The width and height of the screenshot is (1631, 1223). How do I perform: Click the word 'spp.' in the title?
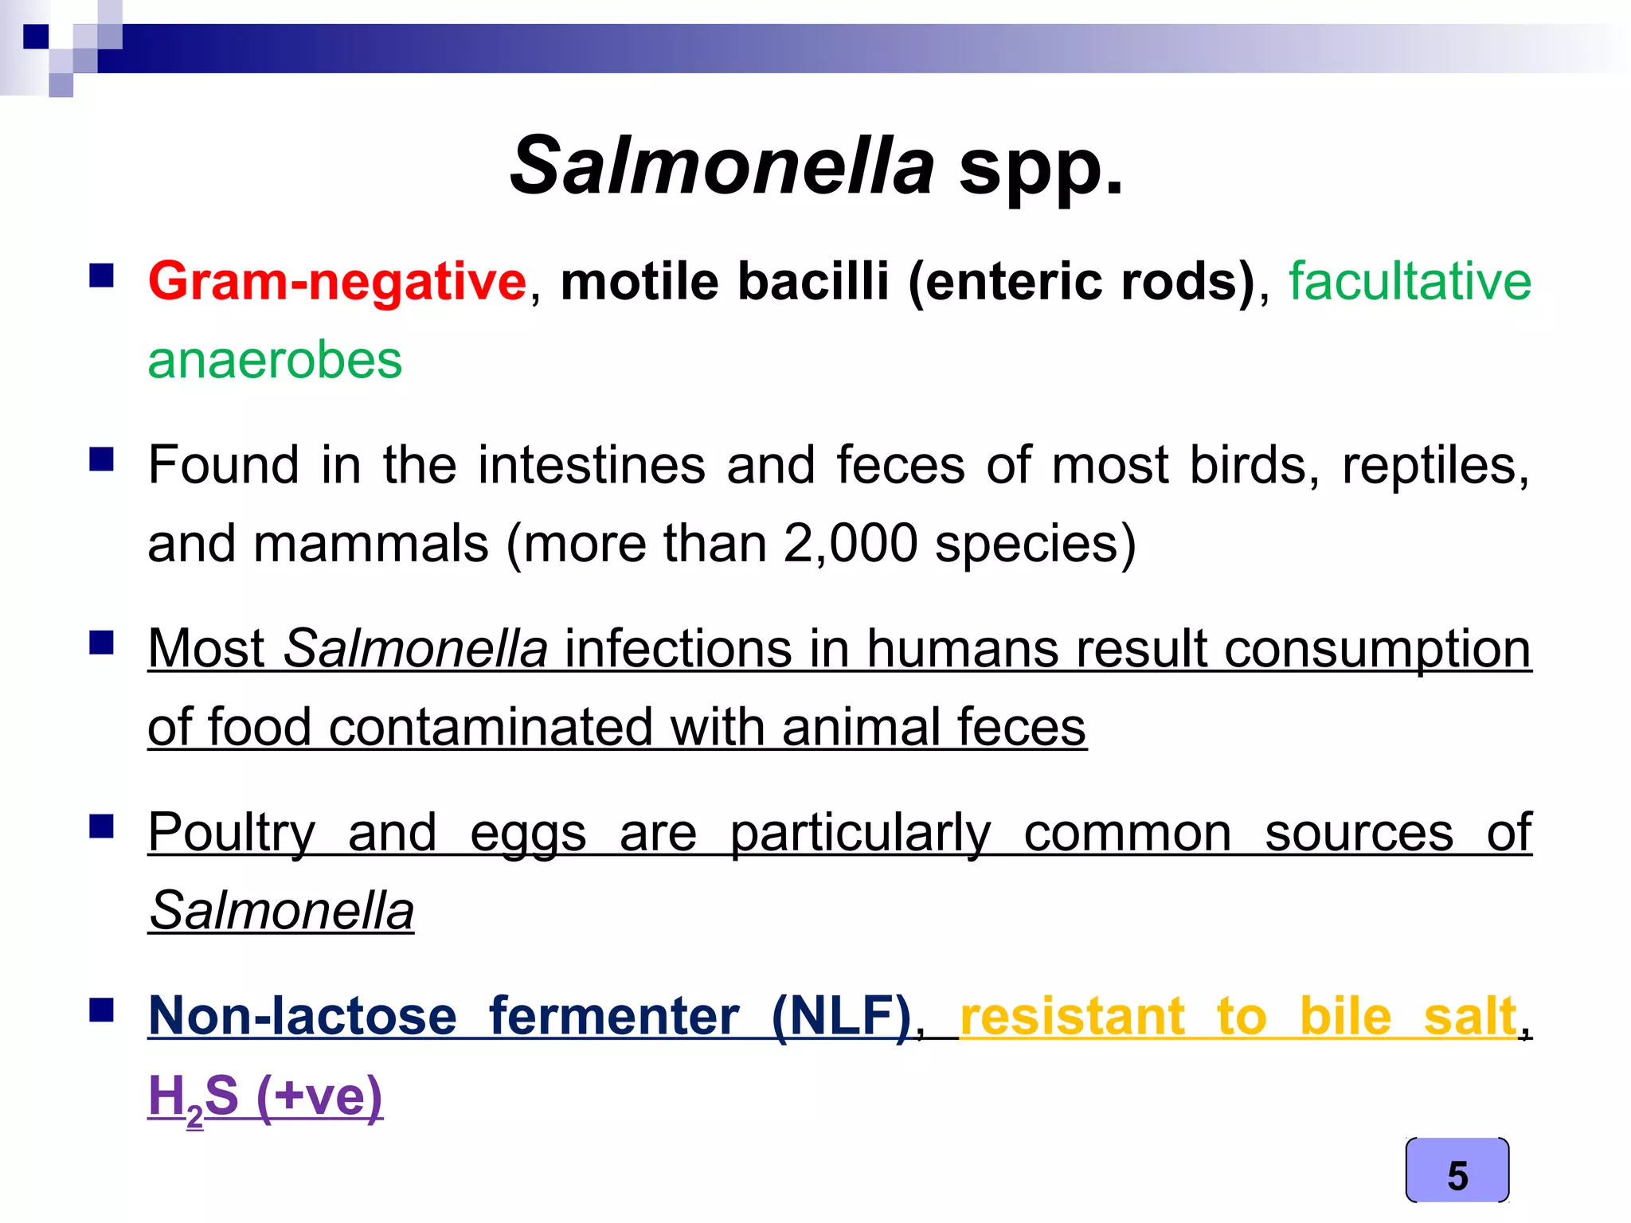(1042, 167)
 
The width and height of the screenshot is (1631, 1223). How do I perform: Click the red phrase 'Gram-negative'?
(338, 282)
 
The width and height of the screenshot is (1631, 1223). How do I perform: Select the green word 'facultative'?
(1410, 282)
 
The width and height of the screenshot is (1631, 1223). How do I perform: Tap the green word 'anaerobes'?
(275, 361)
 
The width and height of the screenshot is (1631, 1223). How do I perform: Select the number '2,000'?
(850, 544)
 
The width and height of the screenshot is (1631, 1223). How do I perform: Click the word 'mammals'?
(371, 544)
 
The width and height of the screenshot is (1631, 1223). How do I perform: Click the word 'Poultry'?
(232, 834)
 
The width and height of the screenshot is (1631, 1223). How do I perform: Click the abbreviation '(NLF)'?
(841, 1017)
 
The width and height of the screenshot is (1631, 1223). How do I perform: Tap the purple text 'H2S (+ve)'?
(265, 1096)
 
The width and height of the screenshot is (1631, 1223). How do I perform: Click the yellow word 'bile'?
(1345, 1017)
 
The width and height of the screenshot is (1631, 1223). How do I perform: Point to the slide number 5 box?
(1457, 1170)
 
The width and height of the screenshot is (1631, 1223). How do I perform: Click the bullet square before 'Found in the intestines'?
(102, 459)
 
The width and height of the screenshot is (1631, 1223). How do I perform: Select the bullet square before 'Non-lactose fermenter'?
(102, 1010)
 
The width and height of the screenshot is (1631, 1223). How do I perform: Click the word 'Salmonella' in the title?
(722, 167)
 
